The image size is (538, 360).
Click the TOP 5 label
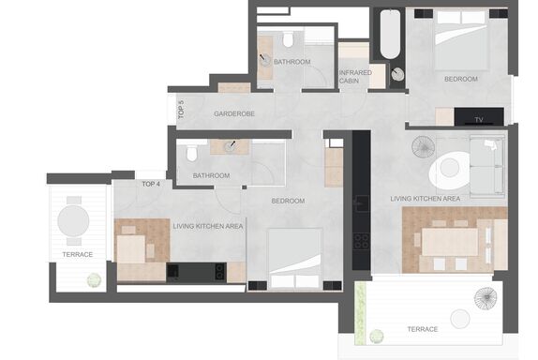pyautogui.click(x=181, y=109)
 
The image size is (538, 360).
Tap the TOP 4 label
pyautogui.click(x=151, y=185)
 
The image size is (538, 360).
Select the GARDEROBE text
pyautogui.click(x=234, y=114)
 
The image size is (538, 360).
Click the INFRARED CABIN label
pyautogui.click(x=355, y=77)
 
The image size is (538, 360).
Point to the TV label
pyautogui.click(x=479, y=120)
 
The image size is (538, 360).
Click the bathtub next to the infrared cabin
pyautogui.click(x=390, y=34)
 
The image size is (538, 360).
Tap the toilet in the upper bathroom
pyautogui.click(x=289, y=38)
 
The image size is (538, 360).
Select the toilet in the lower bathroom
pyautogui.click(x=192, y=153)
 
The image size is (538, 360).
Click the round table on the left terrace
pyautogui.click(x=73, y=220)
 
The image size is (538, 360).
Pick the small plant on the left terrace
pyautogui.click(x=95, y=280)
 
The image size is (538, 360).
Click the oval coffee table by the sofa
pyautogui.click(x=450, y=170)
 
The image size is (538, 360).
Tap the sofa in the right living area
pyautogui.click(x=487, y=167)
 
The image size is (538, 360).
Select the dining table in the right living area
pyautogui.click(x=450, y=242)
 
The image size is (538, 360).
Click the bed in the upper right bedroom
pyautogui.click(x=461, y=40)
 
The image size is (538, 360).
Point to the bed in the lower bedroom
pyautogui.click(x=295, y=259)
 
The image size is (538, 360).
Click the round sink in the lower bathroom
pyautogui.click(x=231, y=147)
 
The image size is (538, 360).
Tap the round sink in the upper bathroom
pyautogui.click(x=265, y=61)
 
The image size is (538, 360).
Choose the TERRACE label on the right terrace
pyautogui.click(x=423, y=329)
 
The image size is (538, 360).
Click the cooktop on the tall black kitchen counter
pyautogui.click(x=361, y=241)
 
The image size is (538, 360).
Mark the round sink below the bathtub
pyautogui.click(x=397, y=74)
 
